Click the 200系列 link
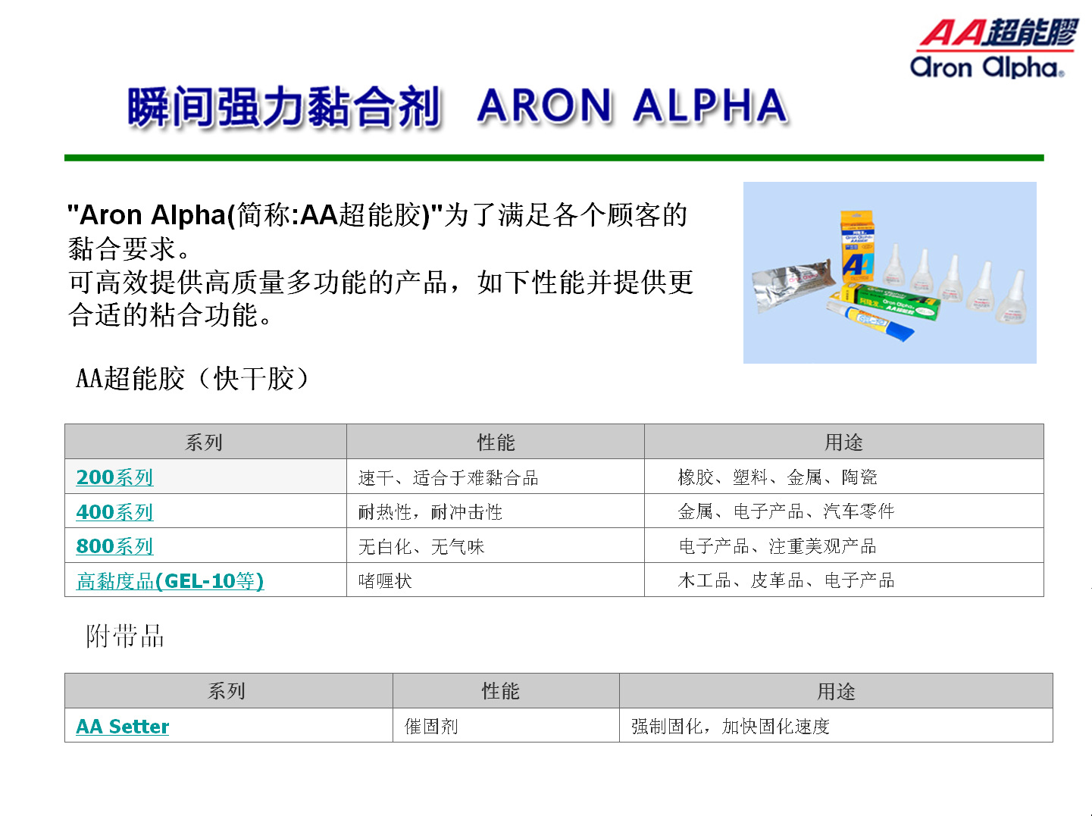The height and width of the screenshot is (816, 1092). [114, 477]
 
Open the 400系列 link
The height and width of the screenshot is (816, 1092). [114, 512]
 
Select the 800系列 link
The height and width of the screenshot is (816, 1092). [114, 546]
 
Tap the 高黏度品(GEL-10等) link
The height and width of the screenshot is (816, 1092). [170, 581]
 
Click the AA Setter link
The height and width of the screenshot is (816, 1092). [122, 727]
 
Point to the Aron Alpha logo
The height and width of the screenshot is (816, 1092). [993, 48]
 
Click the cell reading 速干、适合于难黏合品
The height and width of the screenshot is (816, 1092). [448, 478]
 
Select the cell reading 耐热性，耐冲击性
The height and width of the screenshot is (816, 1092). [430, 513]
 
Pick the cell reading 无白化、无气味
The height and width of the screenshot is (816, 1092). [421, 547]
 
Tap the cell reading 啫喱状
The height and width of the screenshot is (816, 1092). [385, 581]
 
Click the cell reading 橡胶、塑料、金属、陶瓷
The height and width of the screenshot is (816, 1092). [777, 477]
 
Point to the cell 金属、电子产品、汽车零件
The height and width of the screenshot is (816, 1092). [785, 512]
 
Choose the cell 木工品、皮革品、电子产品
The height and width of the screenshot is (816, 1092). [785, 581]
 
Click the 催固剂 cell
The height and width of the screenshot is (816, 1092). [431, 727]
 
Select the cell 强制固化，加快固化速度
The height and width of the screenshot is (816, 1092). [730, 727]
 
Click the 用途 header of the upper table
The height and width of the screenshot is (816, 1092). [843, 442]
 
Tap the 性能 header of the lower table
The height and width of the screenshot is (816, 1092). [500, 691]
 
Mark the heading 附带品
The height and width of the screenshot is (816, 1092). [125, 636]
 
